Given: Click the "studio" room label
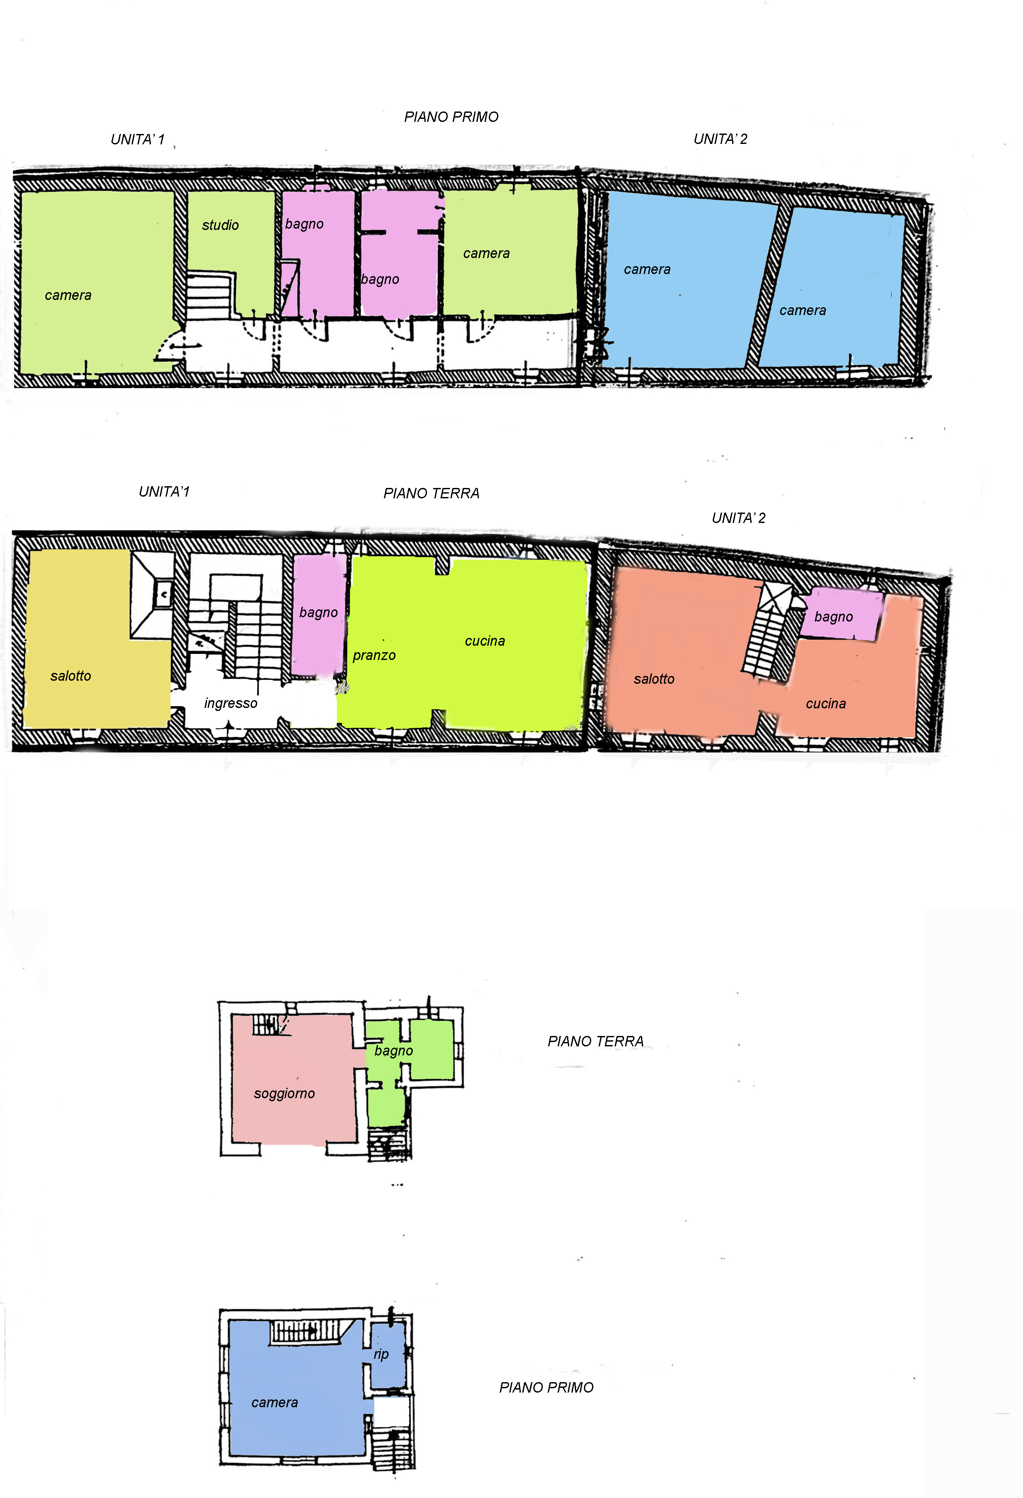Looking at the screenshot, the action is coord(220,225).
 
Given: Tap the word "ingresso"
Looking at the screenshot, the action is coord(231,703).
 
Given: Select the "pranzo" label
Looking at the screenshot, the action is coord(374,656).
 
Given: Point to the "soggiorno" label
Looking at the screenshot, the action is coord(284,1094).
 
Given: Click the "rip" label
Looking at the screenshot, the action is coord(381,1354).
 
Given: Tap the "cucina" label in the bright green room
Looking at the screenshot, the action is coord(485,641).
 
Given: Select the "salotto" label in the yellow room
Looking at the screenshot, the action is coord(71,676).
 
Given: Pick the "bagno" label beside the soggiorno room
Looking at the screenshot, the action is coord(394,1051).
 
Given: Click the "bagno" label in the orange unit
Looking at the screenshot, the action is coord(834,617).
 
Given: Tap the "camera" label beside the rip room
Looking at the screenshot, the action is coord(274,1402).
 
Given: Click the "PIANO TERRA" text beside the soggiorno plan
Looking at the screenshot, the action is coord(596,1042).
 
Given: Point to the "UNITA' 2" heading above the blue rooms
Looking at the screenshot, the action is coord(720,139).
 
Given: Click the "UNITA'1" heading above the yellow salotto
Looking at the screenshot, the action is coord(164,492).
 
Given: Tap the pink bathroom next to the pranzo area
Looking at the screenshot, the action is coord(319,615).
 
